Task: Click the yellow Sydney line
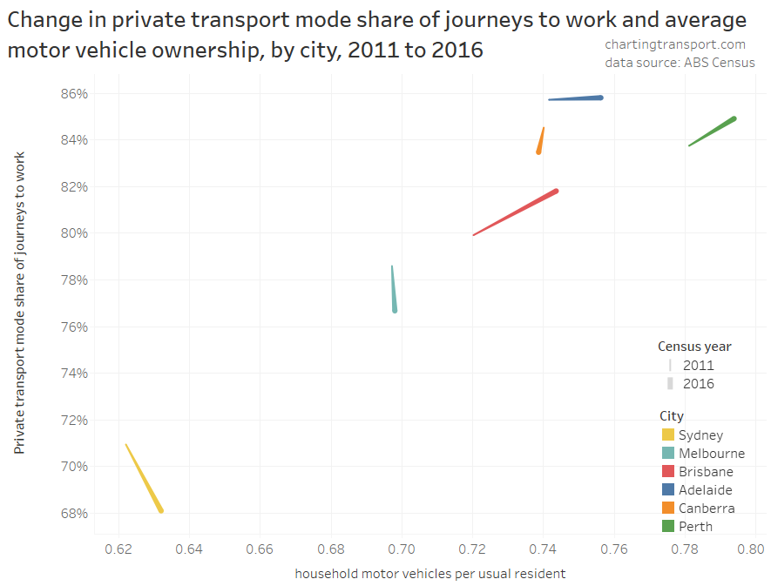coord(145,479)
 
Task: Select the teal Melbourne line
coord(394,291)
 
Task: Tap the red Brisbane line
coord(517,212)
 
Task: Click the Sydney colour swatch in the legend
coord(668,435)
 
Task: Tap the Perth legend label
coord(695,526)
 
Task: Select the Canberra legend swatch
coord(668,508)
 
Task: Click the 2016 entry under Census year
coord(698,383)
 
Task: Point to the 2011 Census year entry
coord(698,365)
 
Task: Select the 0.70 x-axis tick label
coord(402,549)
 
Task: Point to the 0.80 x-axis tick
coord(750,549)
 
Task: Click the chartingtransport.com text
coord(675,44)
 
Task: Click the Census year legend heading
coord(694,346)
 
